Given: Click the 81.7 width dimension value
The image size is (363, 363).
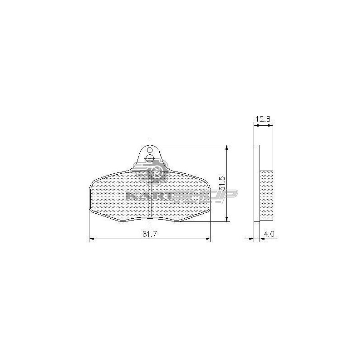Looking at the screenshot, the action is [x=150, y=234].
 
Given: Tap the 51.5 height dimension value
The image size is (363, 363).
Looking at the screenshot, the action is [x=222, y=183].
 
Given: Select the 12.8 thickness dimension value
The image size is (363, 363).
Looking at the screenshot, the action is [x=263, y=119].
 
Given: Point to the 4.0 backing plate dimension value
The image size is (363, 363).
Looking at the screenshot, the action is [x=269, y=234].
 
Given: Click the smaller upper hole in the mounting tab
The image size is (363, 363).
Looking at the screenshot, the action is [x=150, y=150].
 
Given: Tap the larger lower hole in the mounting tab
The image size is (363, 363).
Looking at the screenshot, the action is [x=150, y=158].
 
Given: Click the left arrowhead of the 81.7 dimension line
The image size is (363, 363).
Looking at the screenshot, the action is [x=92, y=239].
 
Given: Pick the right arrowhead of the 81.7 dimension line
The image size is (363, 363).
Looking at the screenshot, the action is [x=208, y=239].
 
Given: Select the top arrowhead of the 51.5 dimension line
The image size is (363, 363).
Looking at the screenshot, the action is [x=227, y=148].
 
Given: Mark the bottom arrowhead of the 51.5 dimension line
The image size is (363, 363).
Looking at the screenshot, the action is [x=227, y=219].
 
